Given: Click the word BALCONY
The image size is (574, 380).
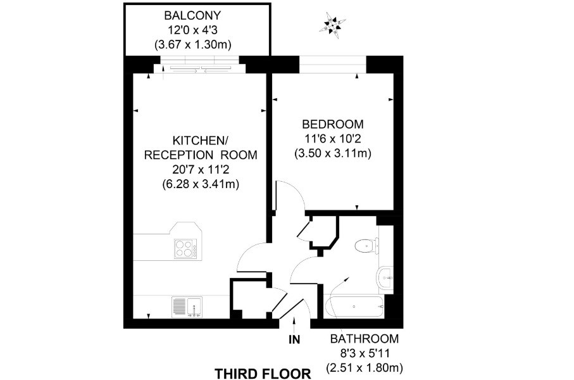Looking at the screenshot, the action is point(192,15).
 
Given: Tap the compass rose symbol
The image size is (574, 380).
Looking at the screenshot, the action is point(332,25).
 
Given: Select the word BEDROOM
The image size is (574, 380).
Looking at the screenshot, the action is point(333,124).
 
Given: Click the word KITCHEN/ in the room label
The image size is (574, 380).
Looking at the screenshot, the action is point(200,141).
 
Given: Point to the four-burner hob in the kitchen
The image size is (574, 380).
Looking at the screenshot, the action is point(185,249).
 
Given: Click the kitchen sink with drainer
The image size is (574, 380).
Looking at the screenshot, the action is point(187,307).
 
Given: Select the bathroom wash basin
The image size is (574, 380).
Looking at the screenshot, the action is point(385,278).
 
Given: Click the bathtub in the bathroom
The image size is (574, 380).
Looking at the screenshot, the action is point(354,307).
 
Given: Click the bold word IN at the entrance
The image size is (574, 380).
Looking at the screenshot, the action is point(294,340).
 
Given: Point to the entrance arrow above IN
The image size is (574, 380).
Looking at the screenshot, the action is point(294,324).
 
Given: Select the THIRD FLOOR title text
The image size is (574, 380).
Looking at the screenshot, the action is point(263,374).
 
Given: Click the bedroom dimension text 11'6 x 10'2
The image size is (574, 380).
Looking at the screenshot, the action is point(333,139).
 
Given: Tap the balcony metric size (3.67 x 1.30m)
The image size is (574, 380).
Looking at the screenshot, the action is point(192,45).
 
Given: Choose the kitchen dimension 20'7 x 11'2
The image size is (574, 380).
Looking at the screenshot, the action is point(201,169).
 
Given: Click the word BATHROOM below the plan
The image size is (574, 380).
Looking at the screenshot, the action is point(365,339).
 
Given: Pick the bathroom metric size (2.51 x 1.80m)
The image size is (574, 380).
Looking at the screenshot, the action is point(365,367).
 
